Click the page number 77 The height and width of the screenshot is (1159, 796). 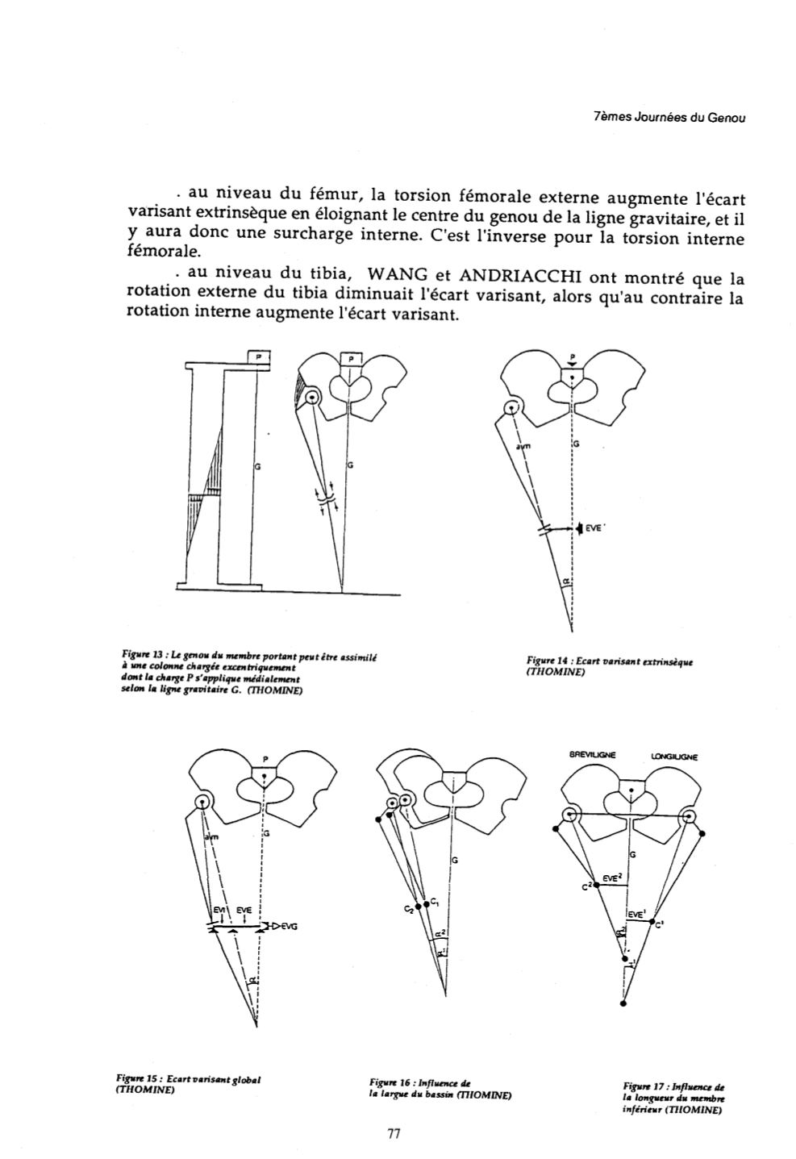point(394,1133)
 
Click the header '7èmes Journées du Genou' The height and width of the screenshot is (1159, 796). point(669,117)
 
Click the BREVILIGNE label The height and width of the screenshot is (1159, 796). point(593,756)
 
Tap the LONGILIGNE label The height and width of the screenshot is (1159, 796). point(673,757)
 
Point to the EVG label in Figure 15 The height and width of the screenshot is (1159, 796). point(289,927)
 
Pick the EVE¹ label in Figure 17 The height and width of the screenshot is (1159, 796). point(637,915)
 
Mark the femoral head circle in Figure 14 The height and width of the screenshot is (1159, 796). point(511,408)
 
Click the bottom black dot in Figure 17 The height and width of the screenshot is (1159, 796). point(623,1004)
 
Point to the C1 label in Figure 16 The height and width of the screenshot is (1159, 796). point(435,899)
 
